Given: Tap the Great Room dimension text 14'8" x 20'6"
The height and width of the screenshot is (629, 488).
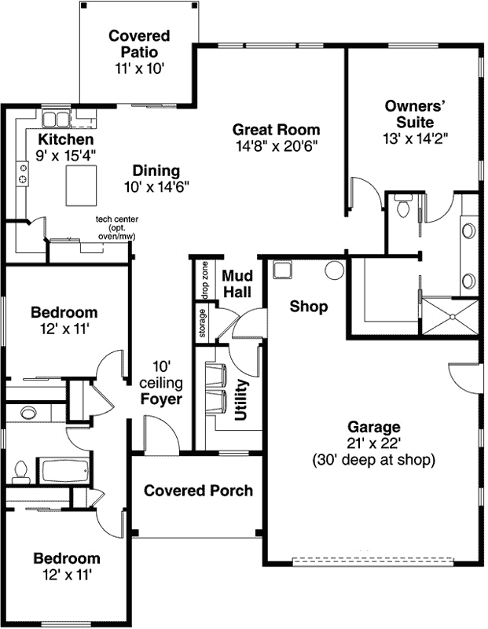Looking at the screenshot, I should pyautogui.click(x=277, y=145).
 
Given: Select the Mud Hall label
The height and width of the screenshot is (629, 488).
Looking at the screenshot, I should pyautogui.click(x=237, y=284).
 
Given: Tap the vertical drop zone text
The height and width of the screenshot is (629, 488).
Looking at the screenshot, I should pyautogui.click(x=204, y=279).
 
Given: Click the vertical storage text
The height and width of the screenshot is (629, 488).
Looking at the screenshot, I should pyautogui.click(x=203, y=323).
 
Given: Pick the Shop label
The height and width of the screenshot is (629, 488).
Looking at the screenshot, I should pyautogui.click(x=309, y=307).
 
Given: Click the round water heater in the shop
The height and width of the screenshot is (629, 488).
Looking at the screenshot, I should pyautogui.click(x=334, y=270).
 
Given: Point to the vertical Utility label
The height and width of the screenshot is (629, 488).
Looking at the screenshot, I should pyautogui.click(x=242, y=400).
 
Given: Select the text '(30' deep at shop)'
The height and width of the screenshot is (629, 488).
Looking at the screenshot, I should pyautogui.click(x=373, y=460).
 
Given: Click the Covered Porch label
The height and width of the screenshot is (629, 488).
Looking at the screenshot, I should pyautogui.click(x=199, y=491).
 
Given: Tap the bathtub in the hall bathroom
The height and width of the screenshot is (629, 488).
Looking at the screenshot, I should pyautogui.click(x=65, y=471).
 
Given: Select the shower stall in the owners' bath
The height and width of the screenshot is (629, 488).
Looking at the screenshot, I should pyautogui.click(x=450, y=316).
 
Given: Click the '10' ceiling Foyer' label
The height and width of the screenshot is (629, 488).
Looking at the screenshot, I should pyautogui.click(x=162, y=383).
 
